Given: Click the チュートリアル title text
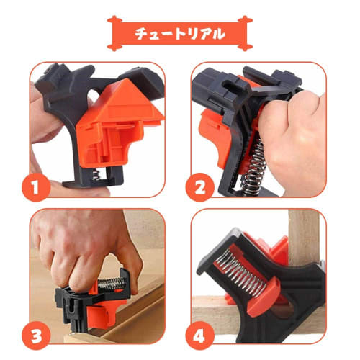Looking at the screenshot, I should click(179, 33).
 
